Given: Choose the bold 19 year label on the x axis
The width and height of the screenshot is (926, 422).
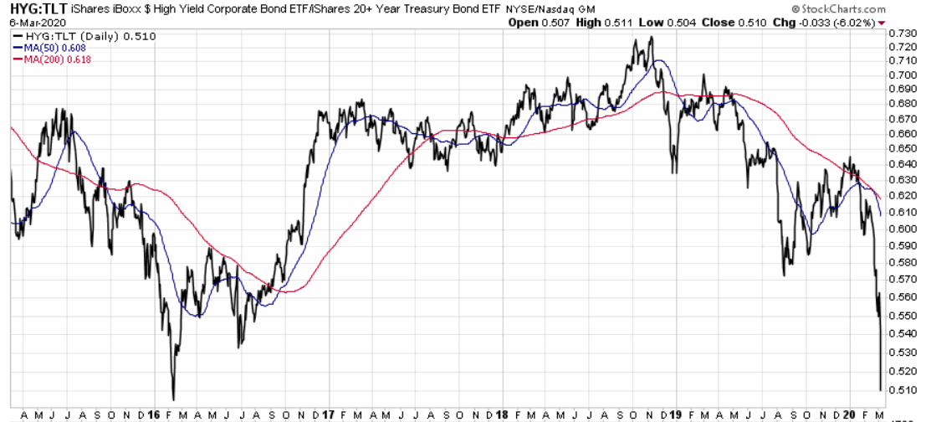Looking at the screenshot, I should [x=674, y=414].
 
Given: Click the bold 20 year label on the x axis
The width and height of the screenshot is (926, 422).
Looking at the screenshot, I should [x=849, y=414].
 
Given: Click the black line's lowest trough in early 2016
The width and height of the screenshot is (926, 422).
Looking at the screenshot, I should [x=173, y=399].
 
